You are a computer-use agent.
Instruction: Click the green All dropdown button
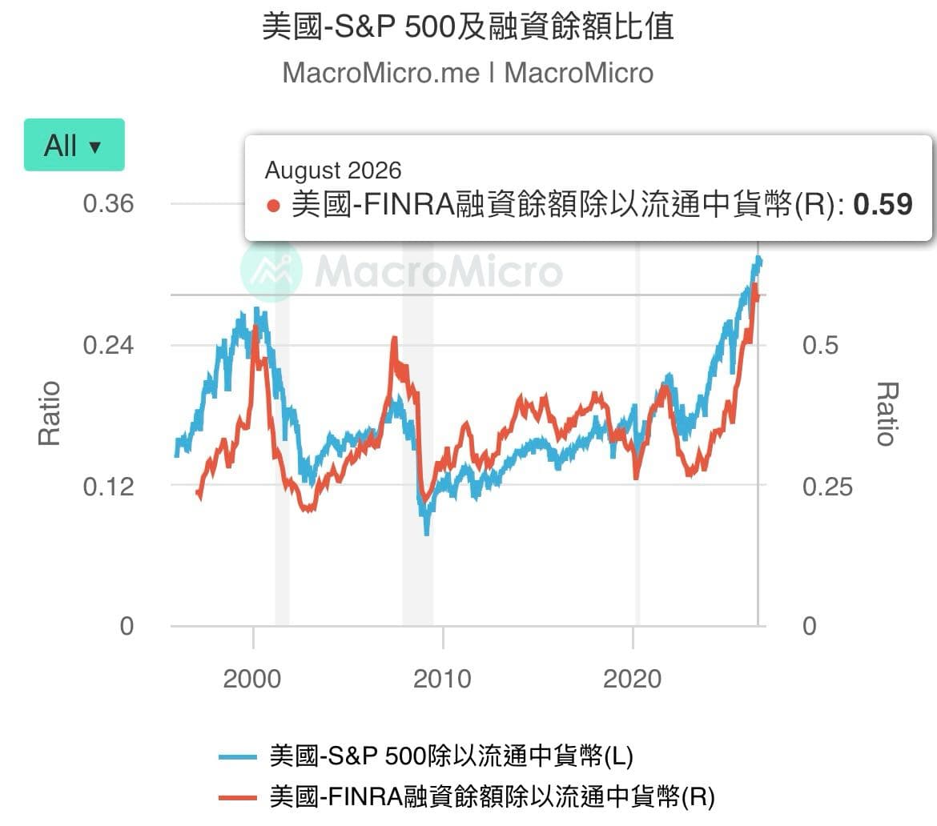[74, 145]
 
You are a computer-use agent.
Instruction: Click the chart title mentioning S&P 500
[468, 27]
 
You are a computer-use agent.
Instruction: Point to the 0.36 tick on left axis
[108, 203]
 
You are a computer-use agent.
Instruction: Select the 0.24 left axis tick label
[108, 345]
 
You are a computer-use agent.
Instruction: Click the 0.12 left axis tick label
[108, 487]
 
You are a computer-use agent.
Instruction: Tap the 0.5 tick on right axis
[820, 345]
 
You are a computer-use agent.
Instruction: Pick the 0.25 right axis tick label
[827, 487]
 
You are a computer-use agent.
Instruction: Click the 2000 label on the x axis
[252, 679]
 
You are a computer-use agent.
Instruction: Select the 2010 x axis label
[442, 679]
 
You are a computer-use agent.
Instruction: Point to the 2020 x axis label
[632, 679]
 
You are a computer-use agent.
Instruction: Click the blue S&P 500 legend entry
[426, 756]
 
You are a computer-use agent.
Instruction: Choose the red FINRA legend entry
[467, 796]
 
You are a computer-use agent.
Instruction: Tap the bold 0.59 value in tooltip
[883, 204]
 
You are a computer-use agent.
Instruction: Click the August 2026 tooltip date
[333, 170]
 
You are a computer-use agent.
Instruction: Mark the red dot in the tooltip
[274, 206]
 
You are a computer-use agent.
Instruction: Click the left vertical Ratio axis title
[49, 413]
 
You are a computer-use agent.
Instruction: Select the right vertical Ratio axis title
[888, 413]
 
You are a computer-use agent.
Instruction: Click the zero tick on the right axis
[810, 626]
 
